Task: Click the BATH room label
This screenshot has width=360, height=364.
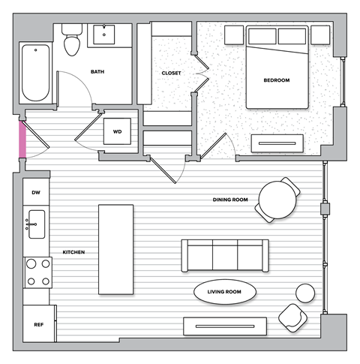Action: (x=97, y=72)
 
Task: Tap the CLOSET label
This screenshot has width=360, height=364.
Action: (x=172, y=73)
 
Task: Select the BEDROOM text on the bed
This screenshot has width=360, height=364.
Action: (x=276, y=80)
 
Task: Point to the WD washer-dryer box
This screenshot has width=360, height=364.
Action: (x=117, y=132)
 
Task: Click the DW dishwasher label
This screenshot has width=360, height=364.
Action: (x=35, y=193)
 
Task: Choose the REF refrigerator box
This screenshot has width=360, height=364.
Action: (x=37, y=325)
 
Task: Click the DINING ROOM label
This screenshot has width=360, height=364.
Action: (x=229, y=200)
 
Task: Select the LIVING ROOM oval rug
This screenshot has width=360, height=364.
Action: (x=225, y=291)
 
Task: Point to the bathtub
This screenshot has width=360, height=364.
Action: (x=34, y=74)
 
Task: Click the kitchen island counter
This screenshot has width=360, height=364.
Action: (x=115, y=249)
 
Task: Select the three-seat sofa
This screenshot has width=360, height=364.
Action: (x=224, y=255)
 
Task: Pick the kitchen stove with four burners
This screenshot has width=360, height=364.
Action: (x=37, y=272)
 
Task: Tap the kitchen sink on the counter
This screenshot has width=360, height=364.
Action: (x=35, y=224)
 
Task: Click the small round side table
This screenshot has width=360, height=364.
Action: (x=305, y=292)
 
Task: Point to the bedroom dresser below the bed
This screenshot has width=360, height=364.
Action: (x=277, y=143)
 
